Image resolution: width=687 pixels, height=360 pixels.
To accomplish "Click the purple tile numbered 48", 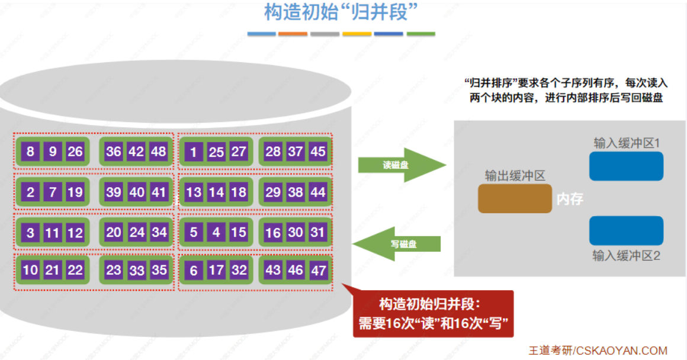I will (159, 152).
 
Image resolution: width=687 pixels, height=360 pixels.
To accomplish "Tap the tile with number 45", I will (318, 152).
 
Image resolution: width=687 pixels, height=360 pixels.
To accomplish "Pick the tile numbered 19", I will (75, 192).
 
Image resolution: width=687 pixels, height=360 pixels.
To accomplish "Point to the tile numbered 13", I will (194, 192).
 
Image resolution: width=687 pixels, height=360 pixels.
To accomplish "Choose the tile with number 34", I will (159, 233).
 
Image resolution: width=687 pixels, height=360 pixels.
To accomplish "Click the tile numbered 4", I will (216, 233).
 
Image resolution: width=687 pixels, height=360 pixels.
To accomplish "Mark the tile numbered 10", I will (30, 271).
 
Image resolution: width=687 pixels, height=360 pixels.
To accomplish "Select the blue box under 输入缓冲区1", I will (626, 166).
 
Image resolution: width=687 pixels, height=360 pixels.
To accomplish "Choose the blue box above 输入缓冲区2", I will (626, 231).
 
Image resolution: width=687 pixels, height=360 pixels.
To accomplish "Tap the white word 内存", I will (570, 200).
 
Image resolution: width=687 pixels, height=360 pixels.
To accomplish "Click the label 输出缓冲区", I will (515, 176).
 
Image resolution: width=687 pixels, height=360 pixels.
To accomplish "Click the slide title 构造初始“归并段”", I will (336, 12).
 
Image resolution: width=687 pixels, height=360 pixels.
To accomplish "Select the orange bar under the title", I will (293, 34).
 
